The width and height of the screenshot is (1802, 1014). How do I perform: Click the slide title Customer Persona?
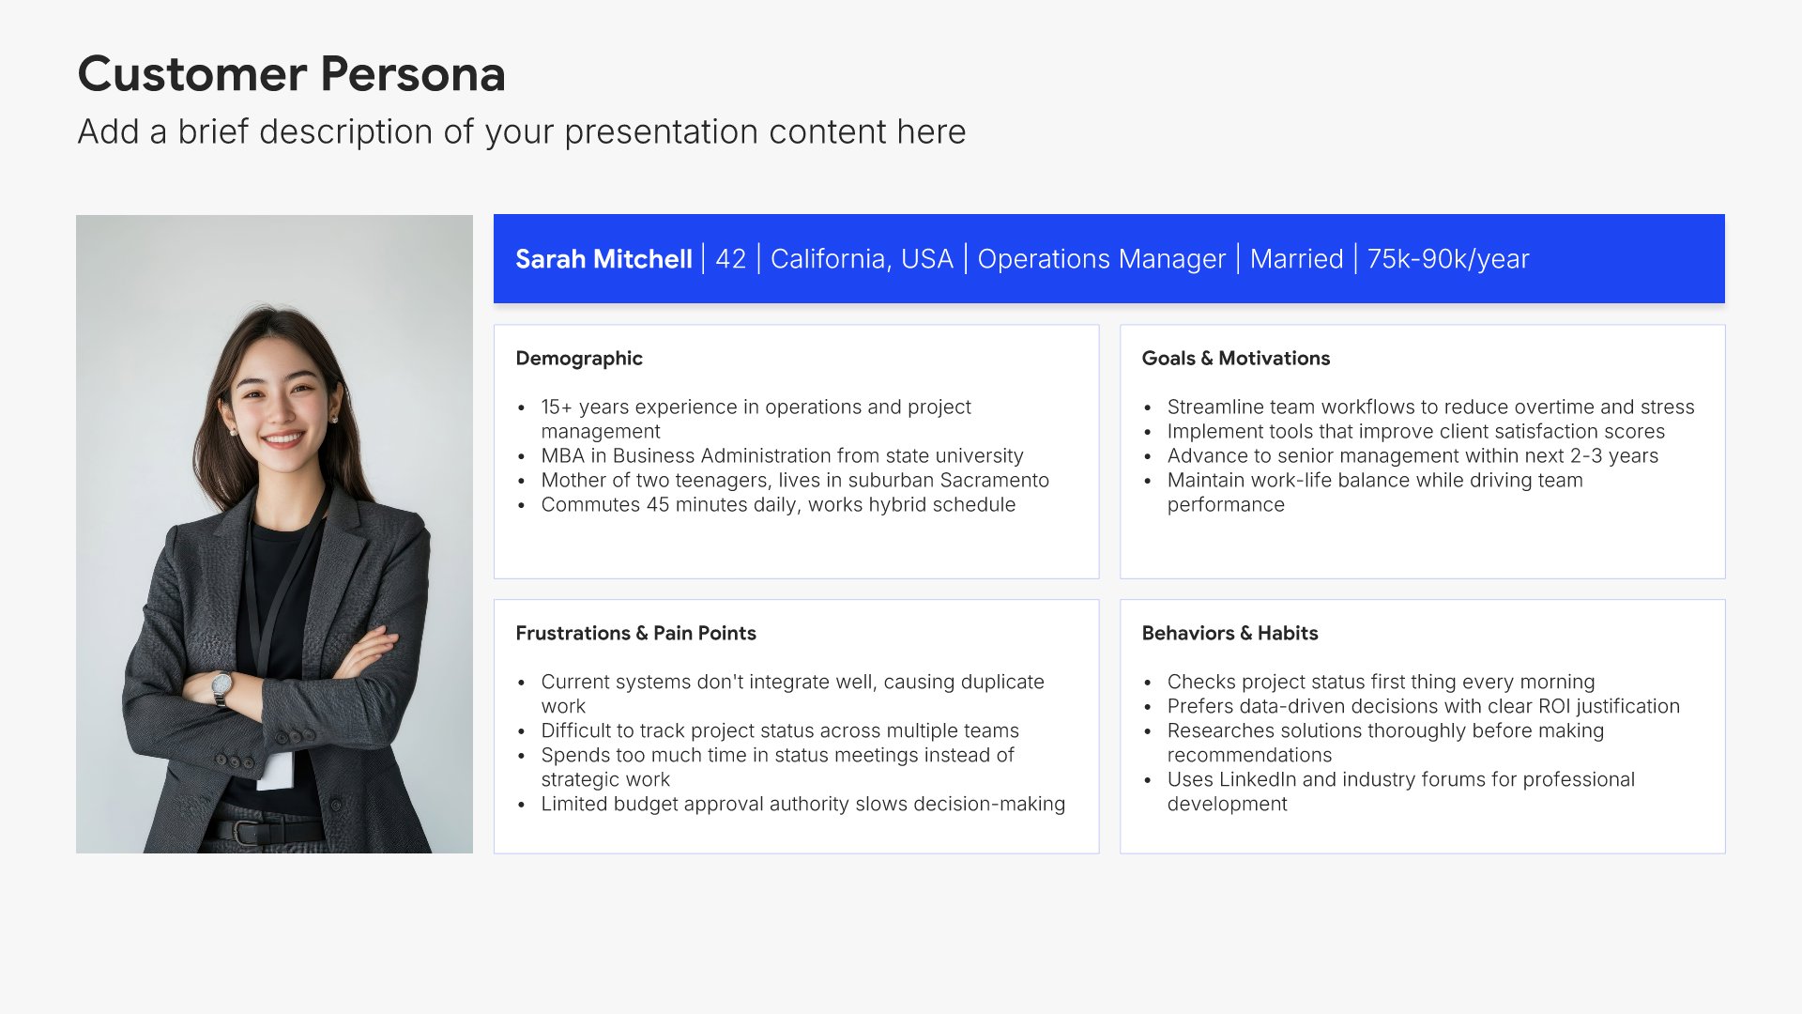[x=291, y=74]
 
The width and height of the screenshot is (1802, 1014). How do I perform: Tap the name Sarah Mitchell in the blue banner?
[x=603, y=259]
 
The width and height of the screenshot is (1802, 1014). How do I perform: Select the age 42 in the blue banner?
[x=730, y=259]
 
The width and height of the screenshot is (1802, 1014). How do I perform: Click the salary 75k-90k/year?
[x=1448, y=259]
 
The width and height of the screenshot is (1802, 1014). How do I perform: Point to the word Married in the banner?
[x=1296, y=259]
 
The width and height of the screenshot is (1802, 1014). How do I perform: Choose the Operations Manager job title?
[x=1101, y=259]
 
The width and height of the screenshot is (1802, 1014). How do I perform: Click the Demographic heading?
[x=579, y=359]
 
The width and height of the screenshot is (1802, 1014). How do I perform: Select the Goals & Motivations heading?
[x=1235, y=359]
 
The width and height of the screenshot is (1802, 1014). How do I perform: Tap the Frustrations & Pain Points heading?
[x=635, y=634]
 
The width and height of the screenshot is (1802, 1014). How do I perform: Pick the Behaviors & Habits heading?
[x=1229, y=634]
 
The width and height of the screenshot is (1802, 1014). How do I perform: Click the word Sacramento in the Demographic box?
[x=995, y=481]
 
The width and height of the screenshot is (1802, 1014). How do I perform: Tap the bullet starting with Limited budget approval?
[x=802, y=805]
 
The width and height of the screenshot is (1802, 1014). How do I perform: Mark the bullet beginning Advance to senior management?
[x=1413, y=456]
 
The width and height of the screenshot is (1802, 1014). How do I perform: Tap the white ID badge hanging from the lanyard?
[x=275, y=770]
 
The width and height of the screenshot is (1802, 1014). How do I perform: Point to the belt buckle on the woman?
[x=247, y=832]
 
